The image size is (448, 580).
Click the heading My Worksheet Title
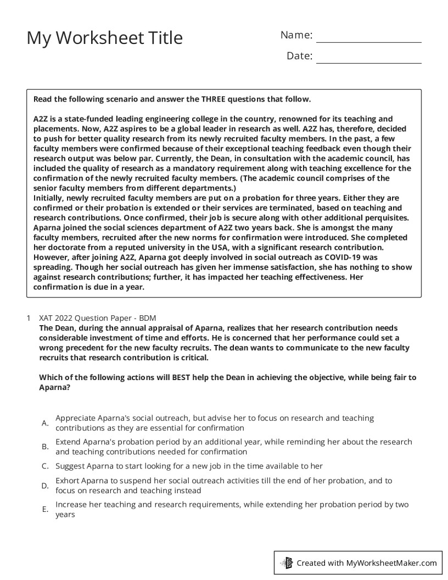105,38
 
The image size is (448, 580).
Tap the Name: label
296,35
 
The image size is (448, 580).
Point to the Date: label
299,55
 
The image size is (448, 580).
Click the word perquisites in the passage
382,217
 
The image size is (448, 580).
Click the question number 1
28,318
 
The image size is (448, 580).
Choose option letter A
45,423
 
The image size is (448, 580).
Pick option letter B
45,447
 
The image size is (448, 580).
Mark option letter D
45,486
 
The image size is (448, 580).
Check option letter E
45,510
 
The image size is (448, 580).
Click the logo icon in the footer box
287,562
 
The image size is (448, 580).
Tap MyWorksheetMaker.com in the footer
391,562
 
